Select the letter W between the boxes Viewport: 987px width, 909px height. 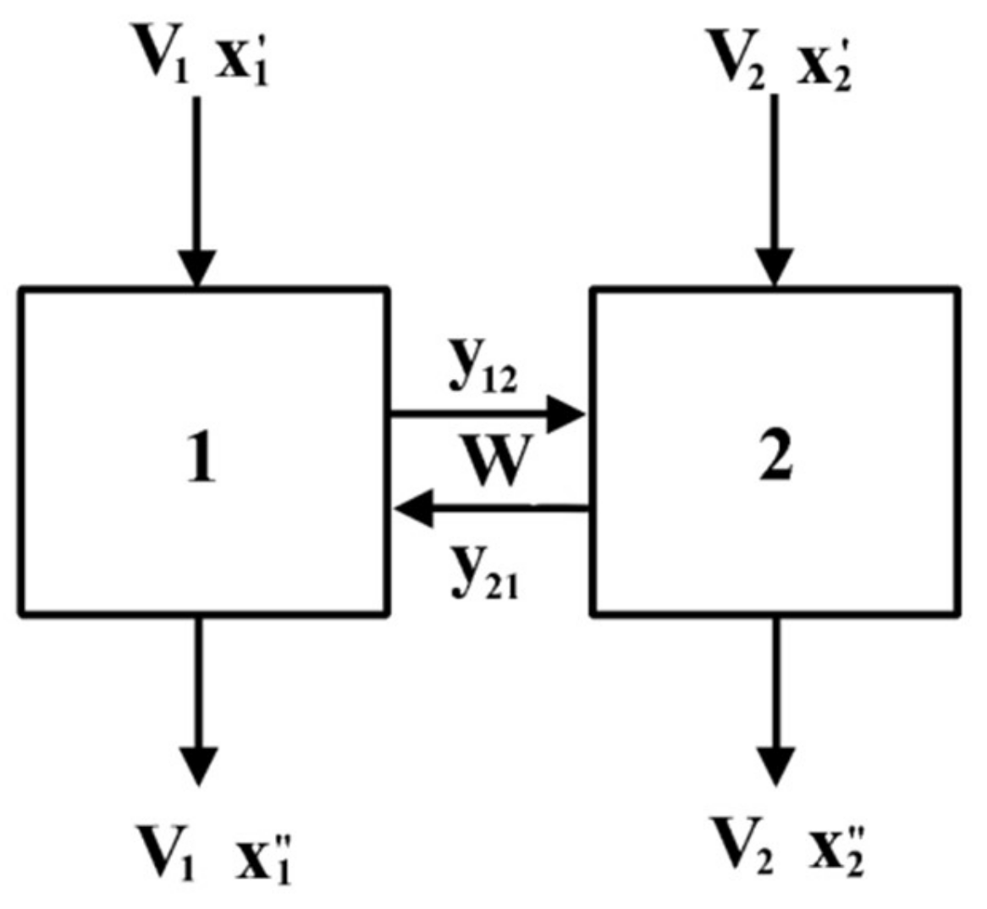[493, 460]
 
